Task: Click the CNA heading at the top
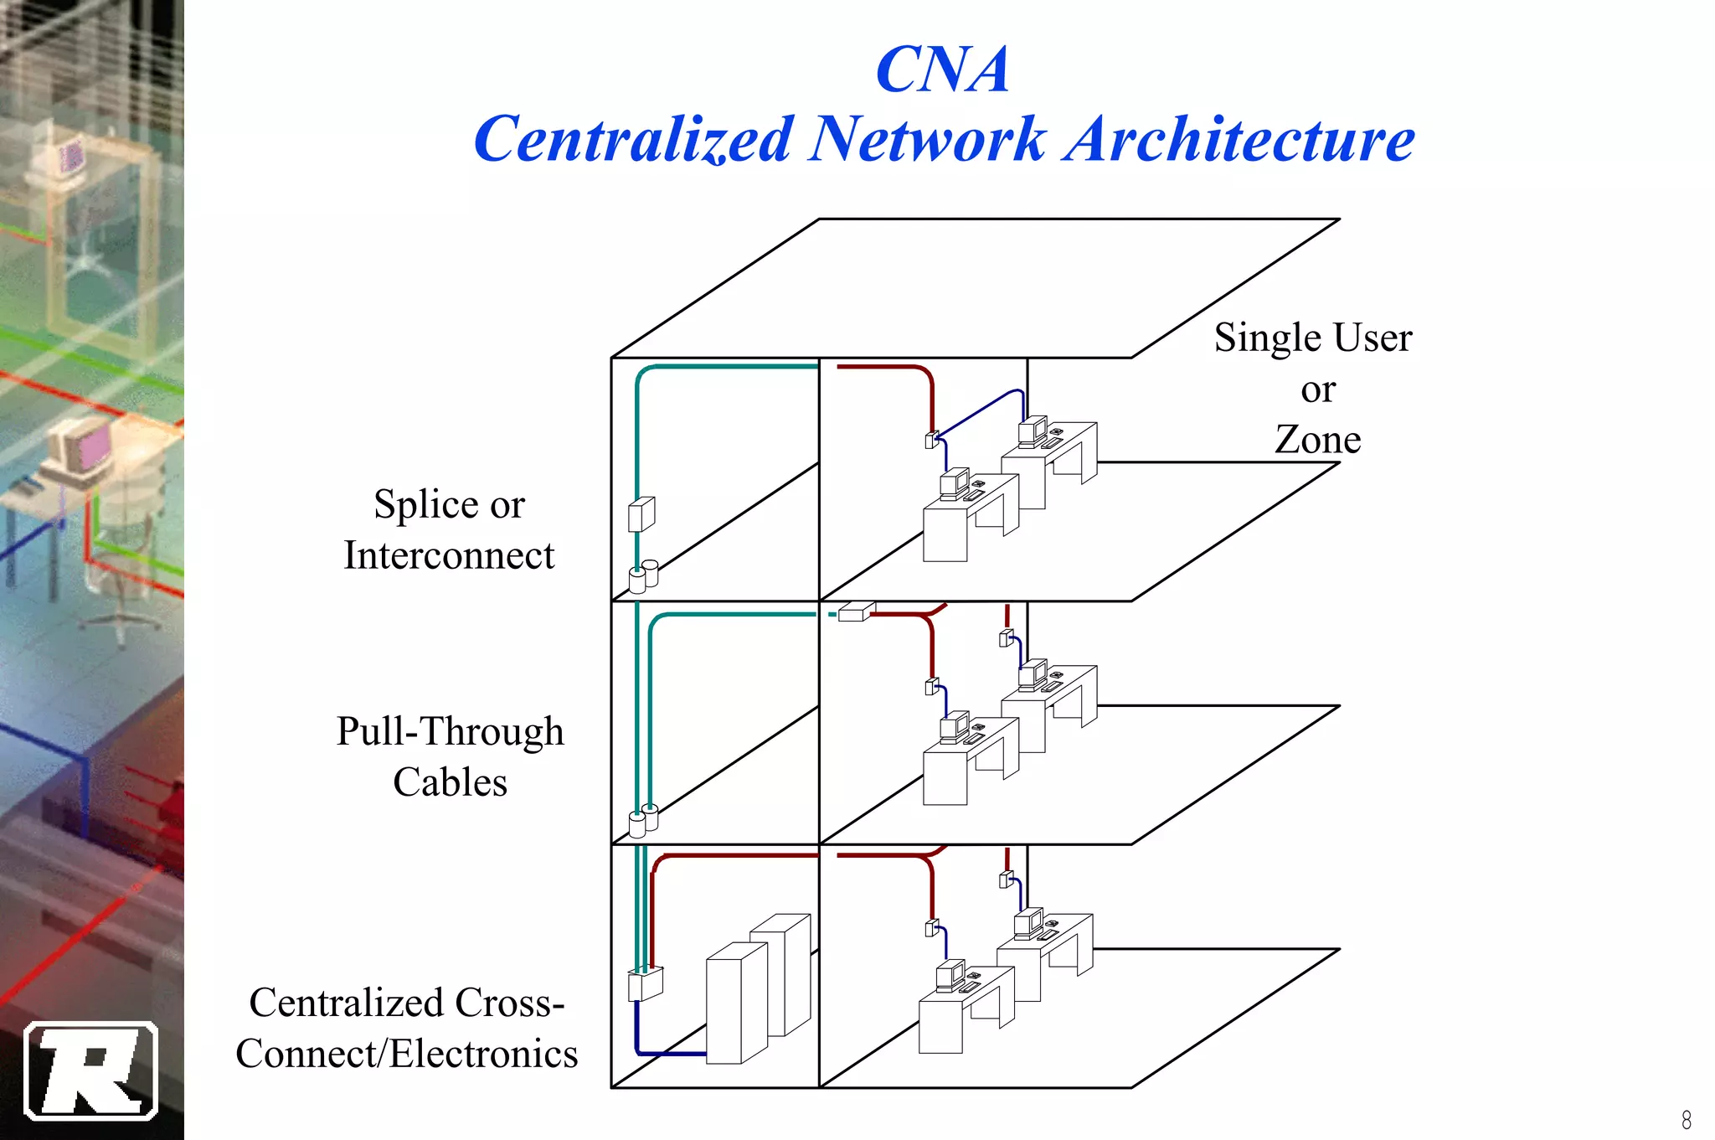[942, 70]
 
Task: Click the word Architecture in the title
[1239, 140]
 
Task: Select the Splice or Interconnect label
[449, 529]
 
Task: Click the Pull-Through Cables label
[450, 756]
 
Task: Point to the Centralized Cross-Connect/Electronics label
[407, 1028]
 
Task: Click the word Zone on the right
[1317, 440]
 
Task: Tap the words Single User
[1312, 338]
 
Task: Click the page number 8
[1686, 1119]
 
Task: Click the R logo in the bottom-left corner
[91, 1070]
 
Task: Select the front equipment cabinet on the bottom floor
[736, 1003]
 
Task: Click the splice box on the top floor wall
[641, 513]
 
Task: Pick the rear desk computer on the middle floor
[1033, 673]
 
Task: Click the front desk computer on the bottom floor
[950, 976]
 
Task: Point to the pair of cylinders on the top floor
[643, 577]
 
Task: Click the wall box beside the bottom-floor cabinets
[645, 983]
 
